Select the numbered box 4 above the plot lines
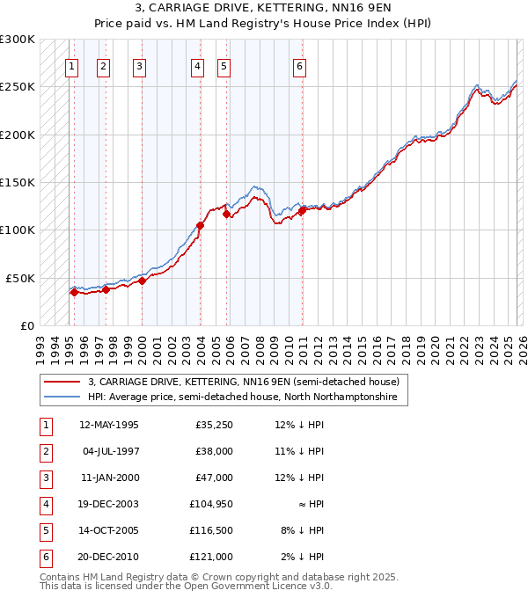click(x=199, y=66)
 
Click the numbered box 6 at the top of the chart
click(x=300, y=66)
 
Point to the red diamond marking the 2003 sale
click(x=200, y=225)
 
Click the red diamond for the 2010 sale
click(x=302, y=210)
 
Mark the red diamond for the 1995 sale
click(x=74, y=293)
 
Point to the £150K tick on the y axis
click(x=18, y=183)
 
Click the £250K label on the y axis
click(x=18, y=87)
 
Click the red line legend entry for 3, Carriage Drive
click(x=243, y=382)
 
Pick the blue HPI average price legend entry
click(x=242, y=397)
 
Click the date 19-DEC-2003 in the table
click(x=108, y=504)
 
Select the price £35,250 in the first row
click(x=214, y=425)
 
